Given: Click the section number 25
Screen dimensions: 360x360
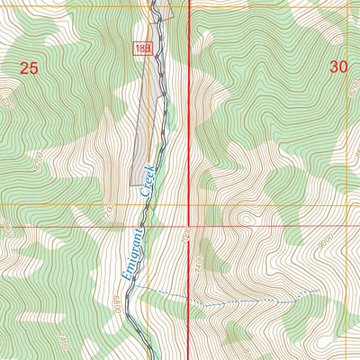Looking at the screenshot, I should tap(30, 67).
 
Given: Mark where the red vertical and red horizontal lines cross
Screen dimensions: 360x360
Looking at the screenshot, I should tap(188, 227).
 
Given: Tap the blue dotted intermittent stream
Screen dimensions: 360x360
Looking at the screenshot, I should tap(234, 303).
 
